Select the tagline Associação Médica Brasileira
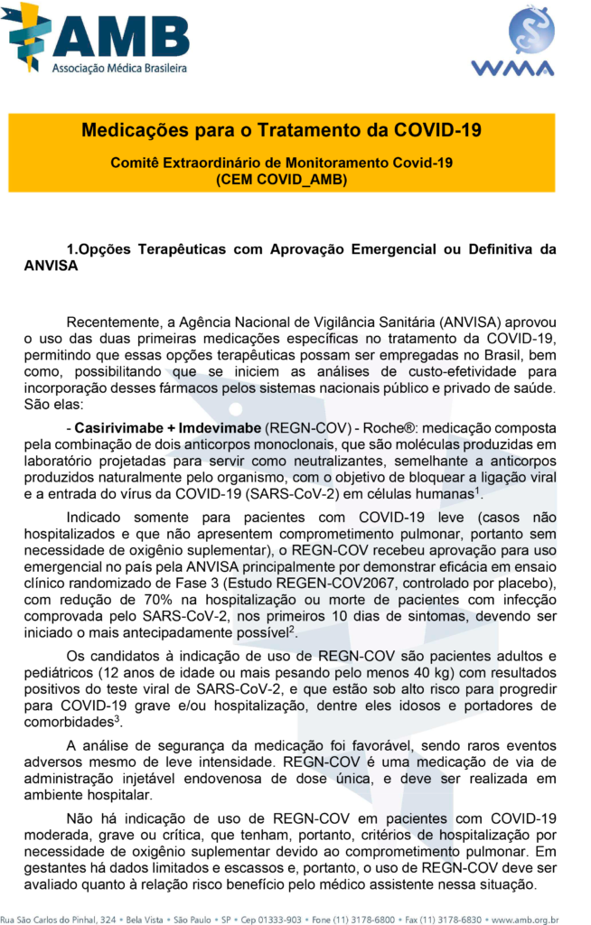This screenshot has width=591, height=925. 119,69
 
